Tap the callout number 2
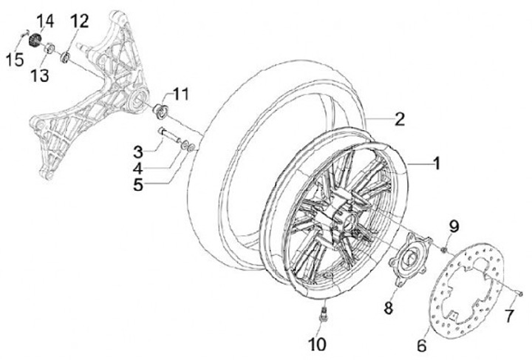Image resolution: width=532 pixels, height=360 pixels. (399, 119)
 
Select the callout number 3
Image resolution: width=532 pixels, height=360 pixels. (137, 153)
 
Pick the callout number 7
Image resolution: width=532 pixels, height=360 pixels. (508, 316)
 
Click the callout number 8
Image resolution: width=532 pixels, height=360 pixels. (388, 308)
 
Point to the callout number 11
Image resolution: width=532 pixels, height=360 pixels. (181, 94)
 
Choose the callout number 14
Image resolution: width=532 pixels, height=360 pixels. (46, 20)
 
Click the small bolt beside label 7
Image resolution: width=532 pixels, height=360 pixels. (519, 293)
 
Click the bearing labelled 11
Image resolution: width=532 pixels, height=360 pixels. (159, 112)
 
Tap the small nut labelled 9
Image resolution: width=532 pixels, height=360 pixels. (442, 250)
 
